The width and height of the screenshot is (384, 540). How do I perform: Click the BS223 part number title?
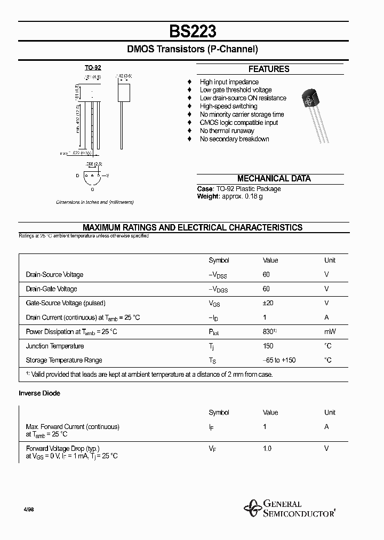[193, 31]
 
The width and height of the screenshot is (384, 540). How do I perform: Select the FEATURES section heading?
[269, 69]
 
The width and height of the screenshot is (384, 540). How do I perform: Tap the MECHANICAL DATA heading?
[274, 179]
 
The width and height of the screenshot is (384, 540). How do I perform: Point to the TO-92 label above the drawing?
[93, 68]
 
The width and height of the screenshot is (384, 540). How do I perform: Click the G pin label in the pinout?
[93, 188]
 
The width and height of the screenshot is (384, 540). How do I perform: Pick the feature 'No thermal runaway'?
[227, 131]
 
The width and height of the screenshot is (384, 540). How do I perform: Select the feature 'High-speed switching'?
[228, 106]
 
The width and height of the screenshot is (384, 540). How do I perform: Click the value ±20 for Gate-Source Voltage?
[268, 303]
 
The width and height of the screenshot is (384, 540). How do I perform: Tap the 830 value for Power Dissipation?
[269, 331]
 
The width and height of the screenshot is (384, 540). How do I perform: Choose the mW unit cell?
[330, 331]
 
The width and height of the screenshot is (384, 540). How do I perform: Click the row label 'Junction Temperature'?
[55, 346]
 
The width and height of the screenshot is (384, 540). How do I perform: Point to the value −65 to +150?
[279, 360]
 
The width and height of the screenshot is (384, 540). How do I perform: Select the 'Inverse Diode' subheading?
[39, 393]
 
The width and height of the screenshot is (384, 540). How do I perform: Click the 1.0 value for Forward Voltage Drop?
[267, 448]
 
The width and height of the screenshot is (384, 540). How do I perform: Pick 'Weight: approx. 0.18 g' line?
[230, 196]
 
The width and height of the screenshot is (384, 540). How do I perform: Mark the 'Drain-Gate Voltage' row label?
[51, 289]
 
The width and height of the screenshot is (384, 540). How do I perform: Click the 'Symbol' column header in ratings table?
[219, 260]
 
